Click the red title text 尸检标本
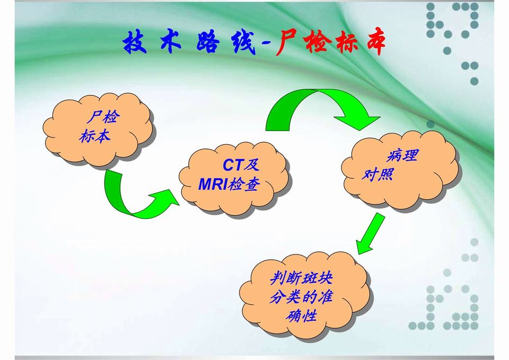pyautogui.click(x=329, y=44)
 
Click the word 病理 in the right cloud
pyautogui.click(x=402, y=156)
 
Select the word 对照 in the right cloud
pyautogui.click(x=378, y=173)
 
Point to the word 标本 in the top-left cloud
pyautogui.click(x=95, y=136)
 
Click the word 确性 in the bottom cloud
pyautogui.click(x=301, y=316)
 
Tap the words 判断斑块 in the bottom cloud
pyautogui.click(x=301, y=278)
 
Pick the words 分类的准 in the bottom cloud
pyautogui.click(x=301, y=297)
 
